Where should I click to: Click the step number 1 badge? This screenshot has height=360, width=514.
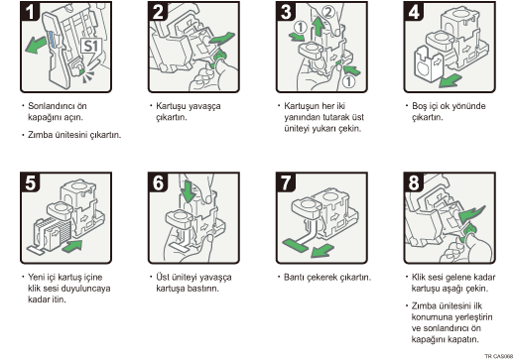(30, 11)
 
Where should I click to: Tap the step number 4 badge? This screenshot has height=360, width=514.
(414, 11)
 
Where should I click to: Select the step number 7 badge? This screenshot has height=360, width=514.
(286, 181)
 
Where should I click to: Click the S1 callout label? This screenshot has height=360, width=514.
(91, 46)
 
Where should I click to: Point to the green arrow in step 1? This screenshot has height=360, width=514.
(36, 45)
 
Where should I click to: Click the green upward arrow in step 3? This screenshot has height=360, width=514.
(319, 27)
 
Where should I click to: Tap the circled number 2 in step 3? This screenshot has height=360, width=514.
(327, 13)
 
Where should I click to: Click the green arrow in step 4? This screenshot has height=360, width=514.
(450, 80)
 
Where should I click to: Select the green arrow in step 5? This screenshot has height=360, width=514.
(71, 246)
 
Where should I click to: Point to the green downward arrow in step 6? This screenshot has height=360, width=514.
(189, 191)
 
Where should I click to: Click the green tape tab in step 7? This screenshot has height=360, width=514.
(296, 246)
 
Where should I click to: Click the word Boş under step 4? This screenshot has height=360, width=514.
(419, 106)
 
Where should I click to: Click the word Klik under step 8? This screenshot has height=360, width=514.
(419, 277)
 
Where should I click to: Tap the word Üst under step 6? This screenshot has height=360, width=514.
(163, 277)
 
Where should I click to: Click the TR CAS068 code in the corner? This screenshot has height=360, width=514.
(499, 356)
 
